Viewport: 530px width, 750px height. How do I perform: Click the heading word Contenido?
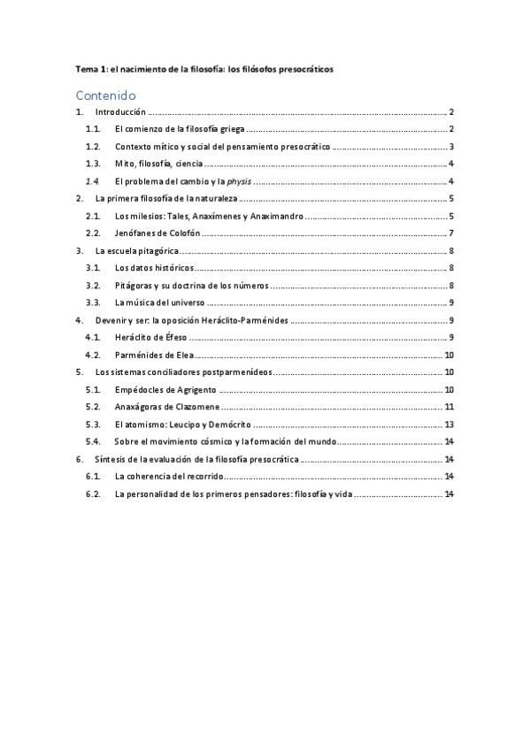(105, 95)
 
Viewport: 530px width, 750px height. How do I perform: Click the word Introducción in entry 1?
(120, 113)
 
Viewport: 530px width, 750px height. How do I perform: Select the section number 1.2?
(93, 147)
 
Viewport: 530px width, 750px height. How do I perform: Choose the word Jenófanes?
(136, 233)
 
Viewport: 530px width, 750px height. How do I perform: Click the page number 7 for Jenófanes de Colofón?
(451, 233)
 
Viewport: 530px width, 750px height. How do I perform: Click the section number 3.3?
(93, 302)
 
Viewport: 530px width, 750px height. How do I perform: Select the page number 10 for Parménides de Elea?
(449, 355)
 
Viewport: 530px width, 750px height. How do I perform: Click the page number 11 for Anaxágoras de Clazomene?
(449, 407)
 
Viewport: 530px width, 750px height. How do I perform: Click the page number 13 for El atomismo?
(449, 425)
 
